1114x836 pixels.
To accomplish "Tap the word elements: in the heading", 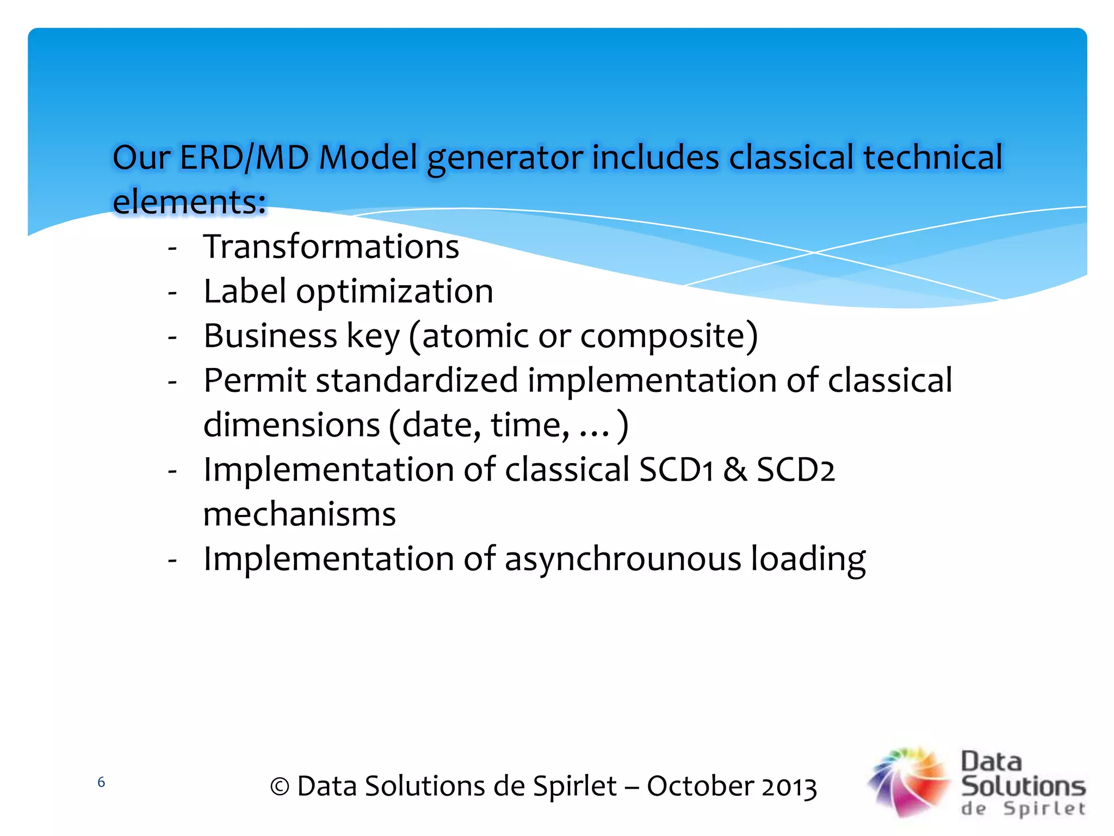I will click(189, 202).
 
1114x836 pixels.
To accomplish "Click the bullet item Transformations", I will click(331, 247).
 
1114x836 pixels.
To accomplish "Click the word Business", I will click(270, 336).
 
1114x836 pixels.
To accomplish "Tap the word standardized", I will click(417, 380).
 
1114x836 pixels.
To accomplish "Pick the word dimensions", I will click(292, 425).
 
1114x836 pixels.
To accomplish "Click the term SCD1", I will click(676, 470).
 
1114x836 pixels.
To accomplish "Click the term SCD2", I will click(795, 470).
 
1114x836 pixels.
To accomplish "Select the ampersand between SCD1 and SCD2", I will click(735, 470).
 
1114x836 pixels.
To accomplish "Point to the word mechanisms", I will click(299, 514).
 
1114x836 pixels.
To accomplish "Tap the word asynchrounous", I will click(623, 560).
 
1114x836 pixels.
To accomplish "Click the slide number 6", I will click(101, 783).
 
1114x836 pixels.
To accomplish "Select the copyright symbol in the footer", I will click(280, 787).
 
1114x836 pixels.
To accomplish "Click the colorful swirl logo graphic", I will click(909, 782).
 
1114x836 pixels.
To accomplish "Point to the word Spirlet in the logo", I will click(1044, 809).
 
